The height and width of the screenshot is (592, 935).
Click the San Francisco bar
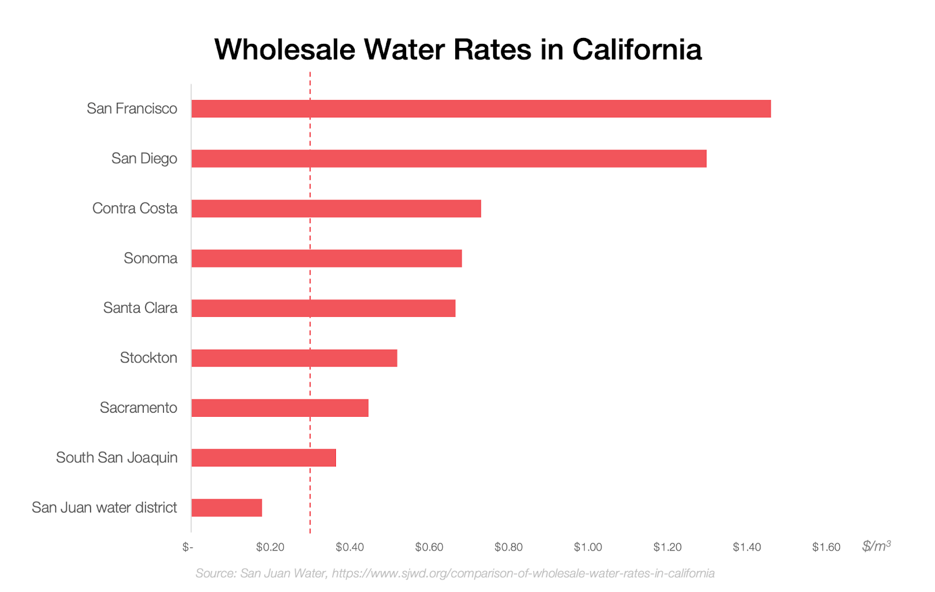(481, 109)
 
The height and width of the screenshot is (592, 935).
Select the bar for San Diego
(449, 159)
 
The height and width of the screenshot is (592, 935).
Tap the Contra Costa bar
(336, 208)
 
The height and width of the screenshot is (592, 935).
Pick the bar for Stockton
(294, 358)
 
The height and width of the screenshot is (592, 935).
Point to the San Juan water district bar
(227, 508)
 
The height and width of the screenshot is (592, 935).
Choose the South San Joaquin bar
(264, 458)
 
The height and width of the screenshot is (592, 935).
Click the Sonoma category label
(150, 258)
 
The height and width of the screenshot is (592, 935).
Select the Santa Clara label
(140, 308)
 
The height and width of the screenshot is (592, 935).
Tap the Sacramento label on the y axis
(138, 408)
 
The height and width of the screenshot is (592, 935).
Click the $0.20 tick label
(270, 547)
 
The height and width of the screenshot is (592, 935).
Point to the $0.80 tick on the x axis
(508, 547)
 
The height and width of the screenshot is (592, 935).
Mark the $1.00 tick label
(588, 547)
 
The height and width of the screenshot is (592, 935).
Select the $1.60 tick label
(826, 547)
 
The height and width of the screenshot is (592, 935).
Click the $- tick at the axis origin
(188, 547)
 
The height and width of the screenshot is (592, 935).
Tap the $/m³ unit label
(876, 546)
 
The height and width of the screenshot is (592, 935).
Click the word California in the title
(637, 49)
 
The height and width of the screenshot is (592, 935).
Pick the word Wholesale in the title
(285, 49)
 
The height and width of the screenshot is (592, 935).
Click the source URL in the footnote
(523, 573)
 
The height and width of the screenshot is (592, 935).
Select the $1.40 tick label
(747, 547)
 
